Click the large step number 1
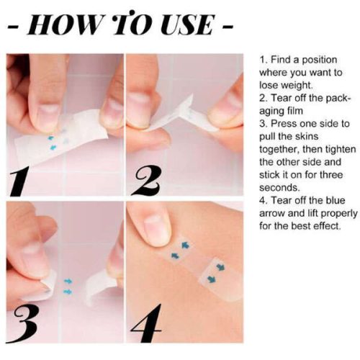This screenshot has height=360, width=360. point(20,181)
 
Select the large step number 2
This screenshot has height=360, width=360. point(145,181)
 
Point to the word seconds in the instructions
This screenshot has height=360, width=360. point(279,187)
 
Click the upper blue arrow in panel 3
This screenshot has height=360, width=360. point(68,281)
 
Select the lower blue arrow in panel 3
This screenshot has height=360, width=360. point(68,292)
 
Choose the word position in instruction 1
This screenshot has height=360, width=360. point(319,60)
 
